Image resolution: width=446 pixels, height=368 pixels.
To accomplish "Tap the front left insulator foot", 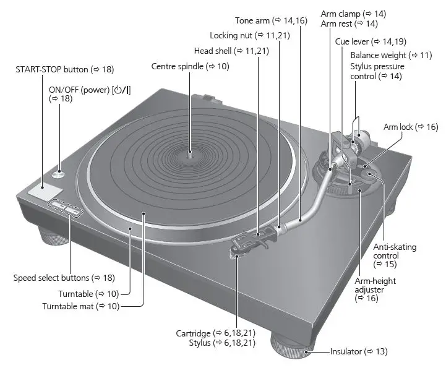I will (53, 236).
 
